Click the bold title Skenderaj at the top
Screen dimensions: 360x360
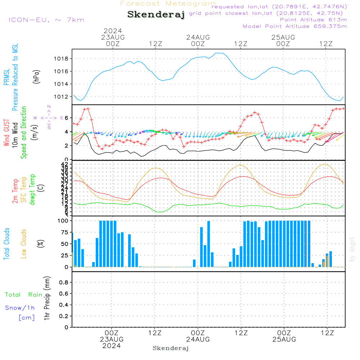point(156,15)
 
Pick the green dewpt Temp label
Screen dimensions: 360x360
point(33,190)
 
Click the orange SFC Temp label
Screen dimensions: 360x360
point(24,190)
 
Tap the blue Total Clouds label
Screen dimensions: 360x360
point(6,244)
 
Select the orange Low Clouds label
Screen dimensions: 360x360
point(24,244)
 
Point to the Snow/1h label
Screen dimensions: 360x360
point(20,308)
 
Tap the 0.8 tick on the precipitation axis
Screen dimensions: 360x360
point(63,283)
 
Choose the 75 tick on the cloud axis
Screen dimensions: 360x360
point(64,233)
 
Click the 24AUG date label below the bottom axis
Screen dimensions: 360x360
point(198,339)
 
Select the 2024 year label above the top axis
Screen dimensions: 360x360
point(113,31)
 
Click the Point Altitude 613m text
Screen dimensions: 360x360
point(313,19)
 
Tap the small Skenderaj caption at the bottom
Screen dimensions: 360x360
point(171,348)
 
